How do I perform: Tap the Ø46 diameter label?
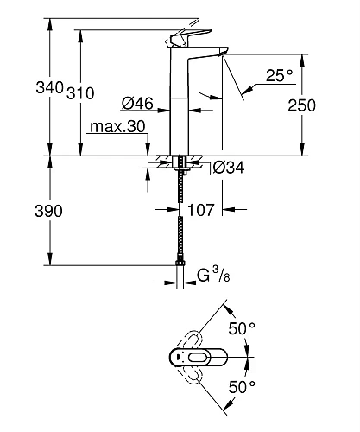point(137,104)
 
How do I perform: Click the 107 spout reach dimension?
point(201,209)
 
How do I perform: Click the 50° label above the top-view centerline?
point(241,328)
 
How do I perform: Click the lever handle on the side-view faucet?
point(191,39)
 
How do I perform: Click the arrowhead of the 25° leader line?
point(245,87)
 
